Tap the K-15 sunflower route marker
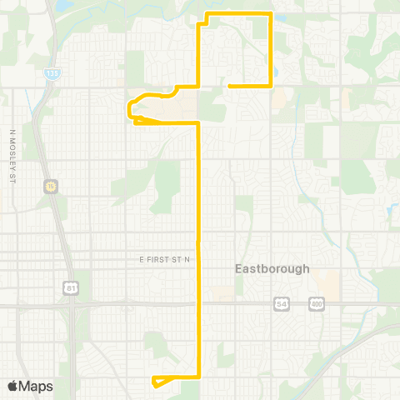pyautogui.click(x=51, y=186)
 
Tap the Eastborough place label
pyautogui.click(x=272, y=269)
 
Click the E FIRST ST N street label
pyautogui.click(x=165, y=261)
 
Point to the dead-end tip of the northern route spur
pyautogui.click(x=229, y=86)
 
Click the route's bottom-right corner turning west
pyautogui.click(x=198, y=377)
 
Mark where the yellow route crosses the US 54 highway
pyautogui.click(x=198, y=306)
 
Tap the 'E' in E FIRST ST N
pyautogui.click(x=142, y=261)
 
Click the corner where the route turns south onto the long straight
pyautogui.click(x=198, y=123)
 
